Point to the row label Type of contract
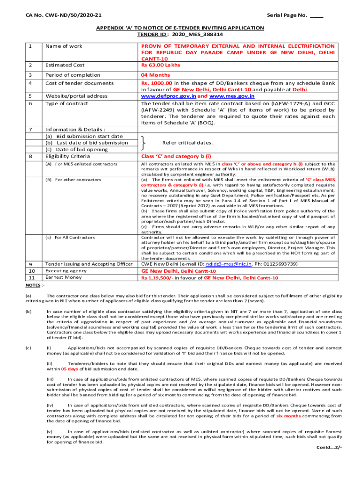[x=66, y=103]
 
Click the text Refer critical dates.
[x=187, y=143]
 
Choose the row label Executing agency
[x=65, y=270]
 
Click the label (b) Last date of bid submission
[x=86, y=143]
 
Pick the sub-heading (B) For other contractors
[x=72, y=180]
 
